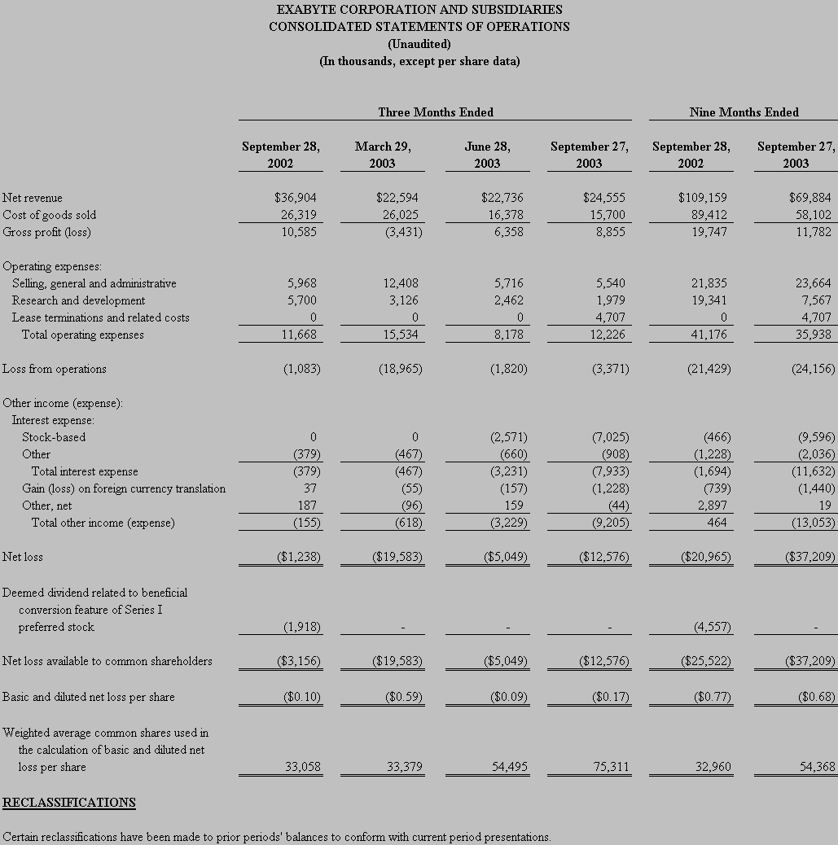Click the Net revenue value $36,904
(296, 198)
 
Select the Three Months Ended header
(435, 112)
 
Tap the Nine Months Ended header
(744, 112)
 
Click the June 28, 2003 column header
(487, 155)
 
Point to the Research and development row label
(78, 300)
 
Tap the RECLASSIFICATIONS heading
(69, 803)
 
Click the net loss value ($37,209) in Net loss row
(810, 557)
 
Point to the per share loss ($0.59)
(398, 697)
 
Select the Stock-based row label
(54, 437)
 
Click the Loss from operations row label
(55, 369)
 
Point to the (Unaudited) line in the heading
(419, 44)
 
